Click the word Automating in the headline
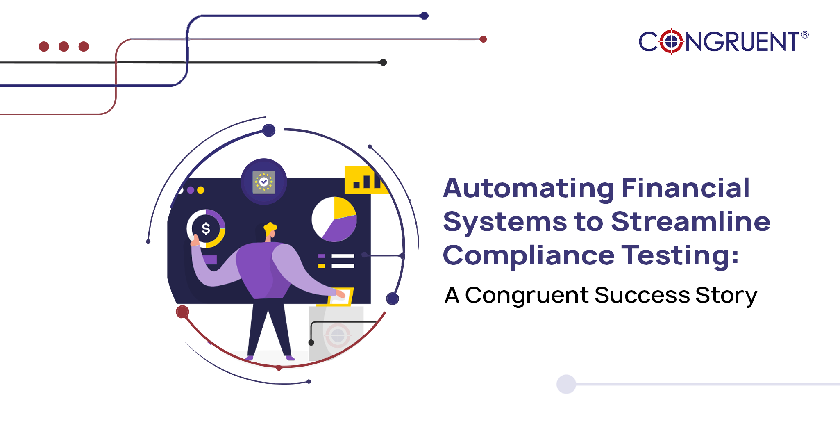tap(528, 189)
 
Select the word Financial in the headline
tap(686, 188)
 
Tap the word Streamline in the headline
tap(690, 222)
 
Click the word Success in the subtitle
tap(642, 295)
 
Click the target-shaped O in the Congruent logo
tap(671, 41)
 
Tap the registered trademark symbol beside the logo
tap(805, 35)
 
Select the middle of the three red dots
tap(64, 46)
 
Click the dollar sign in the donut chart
tap(206, 228)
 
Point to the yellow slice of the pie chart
tap(344, 208)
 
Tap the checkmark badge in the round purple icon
tap(264, 182)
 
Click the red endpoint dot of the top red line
tap(483, 39)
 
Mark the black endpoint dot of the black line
tap(383, 62)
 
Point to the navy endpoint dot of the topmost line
tap(424, 16)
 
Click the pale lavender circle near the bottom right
tap(566, 384)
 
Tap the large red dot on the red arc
tap(182, 312)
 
